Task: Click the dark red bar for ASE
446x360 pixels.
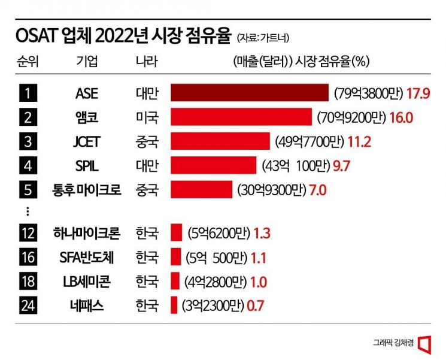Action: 250,93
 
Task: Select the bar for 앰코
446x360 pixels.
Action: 241,117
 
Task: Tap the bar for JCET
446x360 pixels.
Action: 221,141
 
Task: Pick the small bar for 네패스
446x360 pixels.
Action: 174,305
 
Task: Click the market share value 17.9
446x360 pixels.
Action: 419,93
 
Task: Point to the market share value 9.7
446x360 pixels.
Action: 341,165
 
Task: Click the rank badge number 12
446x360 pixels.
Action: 28,232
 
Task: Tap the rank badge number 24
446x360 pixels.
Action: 28,305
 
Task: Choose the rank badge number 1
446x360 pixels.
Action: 28,93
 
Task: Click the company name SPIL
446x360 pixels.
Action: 87,165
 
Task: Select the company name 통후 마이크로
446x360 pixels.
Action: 87,190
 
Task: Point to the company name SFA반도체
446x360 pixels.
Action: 87,257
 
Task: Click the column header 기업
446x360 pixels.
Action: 87,62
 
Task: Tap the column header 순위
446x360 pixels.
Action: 28,62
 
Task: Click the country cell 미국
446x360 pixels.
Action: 147,117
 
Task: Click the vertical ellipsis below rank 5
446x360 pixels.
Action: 28,211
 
